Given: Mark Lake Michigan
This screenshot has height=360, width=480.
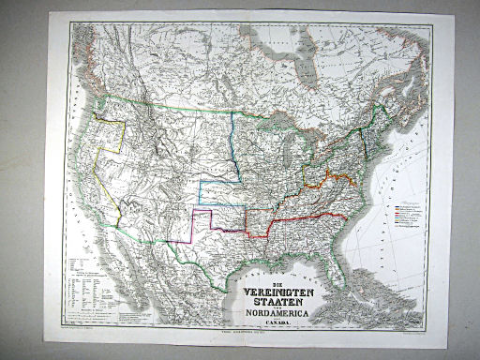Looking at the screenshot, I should point(298,159).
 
